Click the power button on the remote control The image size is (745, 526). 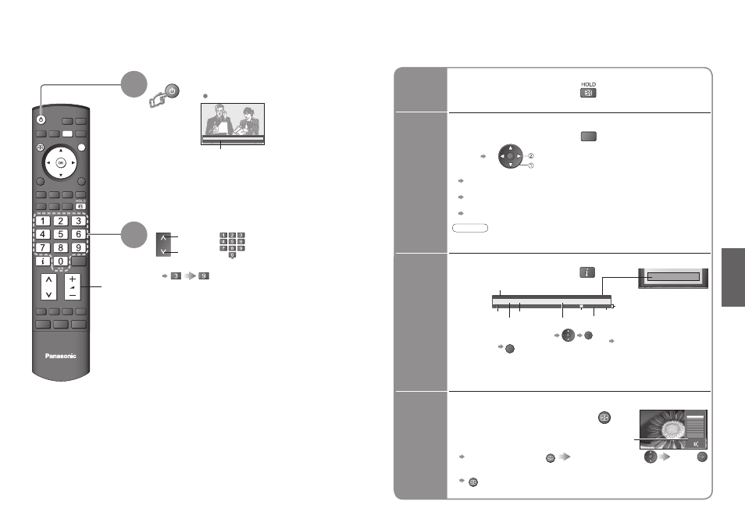click(x=41, y=119)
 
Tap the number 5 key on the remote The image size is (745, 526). click(x=60, y=234)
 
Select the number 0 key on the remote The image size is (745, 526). click(x=60, y=261)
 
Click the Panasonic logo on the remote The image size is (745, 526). click(x=60, y=356)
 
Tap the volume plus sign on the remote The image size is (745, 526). click(x=72, y=279)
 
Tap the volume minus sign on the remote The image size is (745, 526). click(x=72, y=295)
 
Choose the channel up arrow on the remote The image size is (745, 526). click(x=48, y=280)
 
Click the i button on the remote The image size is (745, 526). click(x=43, y=261)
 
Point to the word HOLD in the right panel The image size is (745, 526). click(x=588, y=84)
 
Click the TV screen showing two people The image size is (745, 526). click(x=233, y=123)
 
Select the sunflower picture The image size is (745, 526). click(x=673, y=429)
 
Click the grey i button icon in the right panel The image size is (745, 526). click(x=587, y=272)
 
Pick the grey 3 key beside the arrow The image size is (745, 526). click(x=176, y=275)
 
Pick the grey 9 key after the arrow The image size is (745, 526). click(x=204, y=275)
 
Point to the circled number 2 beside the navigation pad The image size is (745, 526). click(x=531, y=156)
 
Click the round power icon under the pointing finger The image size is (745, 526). click(x=172, y=91)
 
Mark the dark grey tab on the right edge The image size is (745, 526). click(x=733, y=277)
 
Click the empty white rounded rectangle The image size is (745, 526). click(x=470, y=228)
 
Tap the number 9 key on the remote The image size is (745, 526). click(x=78, y=247)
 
